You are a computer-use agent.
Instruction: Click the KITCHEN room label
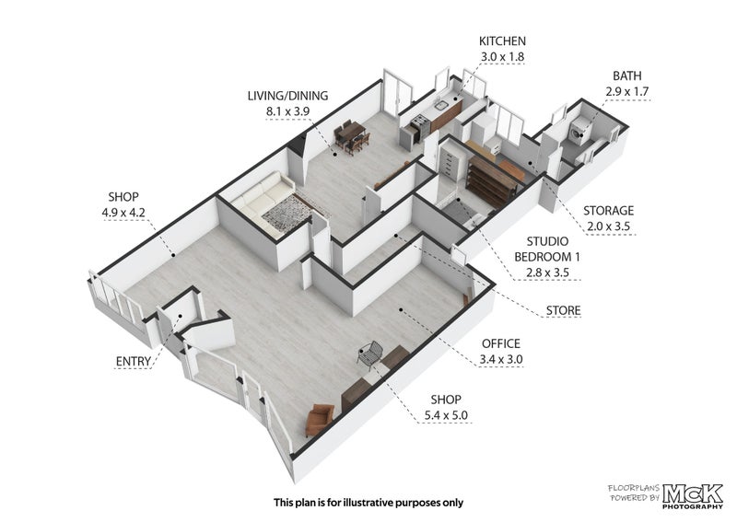click(502, 41)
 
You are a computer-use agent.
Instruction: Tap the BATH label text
click(627, 75)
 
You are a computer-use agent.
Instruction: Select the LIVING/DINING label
click(287, 96)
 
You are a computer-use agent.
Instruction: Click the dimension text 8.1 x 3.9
click(287, 111)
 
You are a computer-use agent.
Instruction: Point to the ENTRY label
click(134, 361)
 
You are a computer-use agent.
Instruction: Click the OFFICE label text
click(501, 343)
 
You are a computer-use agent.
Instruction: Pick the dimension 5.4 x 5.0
click(446, 415)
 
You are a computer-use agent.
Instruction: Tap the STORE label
click(563, 310)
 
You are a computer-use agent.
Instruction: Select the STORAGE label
click(608, 211)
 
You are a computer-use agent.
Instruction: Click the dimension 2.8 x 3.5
click(547, 273)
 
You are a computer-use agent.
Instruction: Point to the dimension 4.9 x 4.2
click(123, 213)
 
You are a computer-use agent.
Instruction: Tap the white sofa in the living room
click(262, 200)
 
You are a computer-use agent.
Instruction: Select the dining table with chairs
click(352, 135)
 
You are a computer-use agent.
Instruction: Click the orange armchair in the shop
click(319, 419)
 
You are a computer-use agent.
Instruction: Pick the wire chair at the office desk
click(369, 353)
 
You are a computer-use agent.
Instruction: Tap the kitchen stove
click(420, 127)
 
